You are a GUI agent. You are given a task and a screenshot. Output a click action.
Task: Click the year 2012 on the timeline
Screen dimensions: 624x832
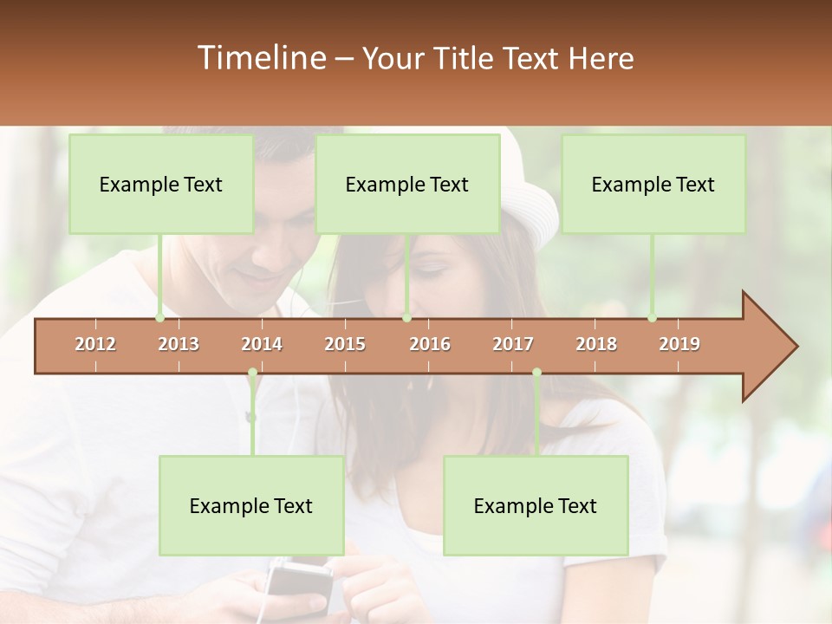(95, 344)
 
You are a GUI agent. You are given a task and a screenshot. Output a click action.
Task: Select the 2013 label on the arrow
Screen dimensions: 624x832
(179, 344)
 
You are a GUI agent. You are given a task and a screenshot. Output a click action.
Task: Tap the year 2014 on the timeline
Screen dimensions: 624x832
(262, 344)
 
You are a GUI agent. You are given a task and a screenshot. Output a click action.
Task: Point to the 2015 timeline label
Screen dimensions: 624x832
(345, 344)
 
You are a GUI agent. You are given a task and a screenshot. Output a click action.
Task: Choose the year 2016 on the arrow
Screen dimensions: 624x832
(430, 344)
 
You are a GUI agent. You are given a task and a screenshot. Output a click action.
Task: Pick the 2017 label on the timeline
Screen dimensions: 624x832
(513, 344)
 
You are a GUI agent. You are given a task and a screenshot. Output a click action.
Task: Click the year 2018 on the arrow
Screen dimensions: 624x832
(596, 344)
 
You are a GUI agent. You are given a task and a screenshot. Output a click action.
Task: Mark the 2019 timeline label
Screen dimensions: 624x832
(679, 344)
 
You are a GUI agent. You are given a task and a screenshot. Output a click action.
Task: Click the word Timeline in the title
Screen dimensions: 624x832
(260, 58)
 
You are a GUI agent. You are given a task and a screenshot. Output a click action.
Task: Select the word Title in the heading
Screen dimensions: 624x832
(461, 59)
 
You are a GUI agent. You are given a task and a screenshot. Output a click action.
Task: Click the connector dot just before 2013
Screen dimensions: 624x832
(159, 318)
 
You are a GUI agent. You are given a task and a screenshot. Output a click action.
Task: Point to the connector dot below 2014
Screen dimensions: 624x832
(252, 373)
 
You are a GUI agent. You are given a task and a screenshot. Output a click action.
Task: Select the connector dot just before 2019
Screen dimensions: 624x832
(652, 318)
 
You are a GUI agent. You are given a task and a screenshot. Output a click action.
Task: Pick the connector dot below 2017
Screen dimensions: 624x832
(536, 373)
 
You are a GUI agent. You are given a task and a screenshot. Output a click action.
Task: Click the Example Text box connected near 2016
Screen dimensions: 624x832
(407, 184)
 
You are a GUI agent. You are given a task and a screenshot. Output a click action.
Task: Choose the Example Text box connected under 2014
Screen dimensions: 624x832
(251, 505)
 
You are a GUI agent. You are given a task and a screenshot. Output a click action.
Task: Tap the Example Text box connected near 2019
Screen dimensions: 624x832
(653, 184)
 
